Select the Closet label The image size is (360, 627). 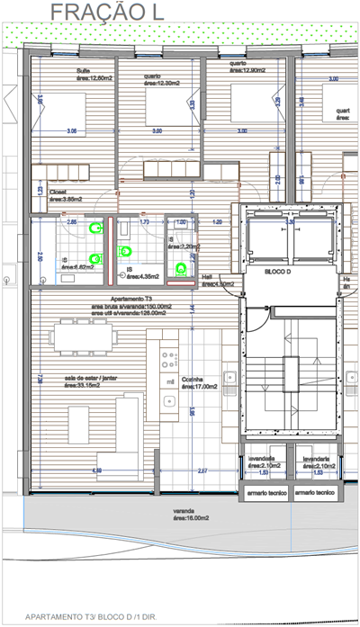point(58,192)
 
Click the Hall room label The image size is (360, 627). point(208,277)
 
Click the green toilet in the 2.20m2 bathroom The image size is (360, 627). point(183,266)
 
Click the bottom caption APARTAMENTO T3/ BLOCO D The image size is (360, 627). point(107,618)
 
